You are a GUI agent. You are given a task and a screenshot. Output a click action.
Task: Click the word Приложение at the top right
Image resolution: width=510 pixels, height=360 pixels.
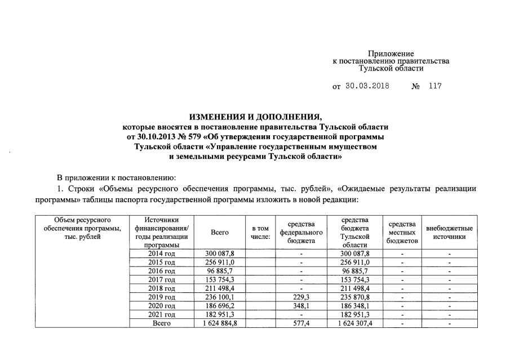coord(391,53)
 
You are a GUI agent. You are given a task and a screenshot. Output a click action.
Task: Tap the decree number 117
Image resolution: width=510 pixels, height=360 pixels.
coord(435,87)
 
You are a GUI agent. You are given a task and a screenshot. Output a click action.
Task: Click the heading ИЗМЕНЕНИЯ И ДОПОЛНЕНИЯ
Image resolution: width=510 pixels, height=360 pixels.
coord(255,117)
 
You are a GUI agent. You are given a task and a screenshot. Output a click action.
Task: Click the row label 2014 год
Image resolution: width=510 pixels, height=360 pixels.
coord(162,254)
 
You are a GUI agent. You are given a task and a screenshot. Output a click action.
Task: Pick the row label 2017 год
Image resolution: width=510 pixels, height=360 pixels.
coord(162,279)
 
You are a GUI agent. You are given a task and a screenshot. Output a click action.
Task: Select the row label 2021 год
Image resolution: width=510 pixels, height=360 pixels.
coord(162,314)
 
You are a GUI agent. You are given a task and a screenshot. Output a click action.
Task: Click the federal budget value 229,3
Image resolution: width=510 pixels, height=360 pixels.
coord(301,297)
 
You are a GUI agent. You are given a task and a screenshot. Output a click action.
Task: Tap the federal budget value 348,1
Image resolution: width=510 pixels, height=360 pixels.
coord(301,305)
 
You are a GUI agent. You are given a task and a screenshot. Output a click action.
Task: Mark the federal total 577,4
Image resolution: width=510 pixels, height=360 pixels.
coord(301,323)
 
